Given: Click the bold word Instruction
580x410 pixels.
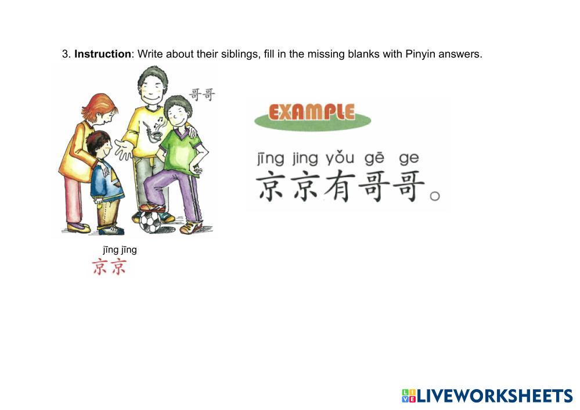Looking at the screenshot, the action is click(x=102, y=54).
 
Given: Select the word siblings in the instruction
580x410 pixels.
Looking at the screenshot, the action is click(x=240, y=55).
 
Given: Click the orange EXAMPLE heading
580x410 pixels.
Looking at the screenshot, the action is click(x=311, y=113).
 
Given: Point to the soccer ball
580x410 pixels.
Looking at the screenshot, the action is click(x=150, y=222).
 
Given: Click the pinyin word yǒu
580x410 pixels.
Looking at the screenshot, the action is click(x=340, y=158).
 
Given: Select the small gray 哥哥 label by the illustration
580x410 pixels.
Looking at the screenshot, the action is click(x=202, y=95).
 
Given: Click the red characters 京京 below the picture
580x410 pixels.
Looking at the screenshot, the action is click(x=110, y=267).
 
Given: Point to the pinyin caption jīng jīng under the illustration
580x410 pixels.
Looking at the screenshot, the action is click(x=120, y=250).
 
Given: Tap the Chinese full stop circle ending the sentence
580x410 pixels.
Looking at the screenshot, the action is click(x=435, y=196).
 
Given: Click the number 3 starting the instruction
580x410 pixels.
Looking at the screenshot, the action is click(x=66, y=55).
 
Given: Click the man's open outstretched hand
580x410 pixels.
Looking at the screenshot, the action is click(x=124, y=149).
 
